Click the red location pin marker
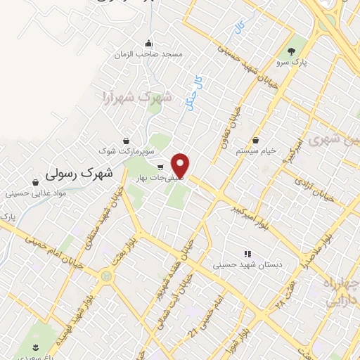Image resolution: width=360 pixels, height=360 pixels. pyautogui.click(x=181, y=164)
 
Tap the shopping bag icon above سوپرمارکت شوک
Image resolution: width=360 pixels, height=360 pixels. pyautogui.click(x=126, y=140)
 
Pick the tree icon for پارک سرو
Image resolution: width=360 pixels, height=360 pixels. pyautogui.click(x=292, y=50)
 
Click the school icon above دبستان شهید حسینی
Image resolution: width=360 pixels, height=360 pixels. pyautogui.click(x=247, y=253)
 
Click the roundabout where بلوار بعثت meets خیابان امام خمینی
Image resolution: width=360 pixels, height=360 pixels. pyautogui.click(x=107, y=276)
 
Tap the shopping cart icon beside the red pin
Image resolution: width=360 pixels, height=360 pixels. pyautogui.click(x=161, y=167)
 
